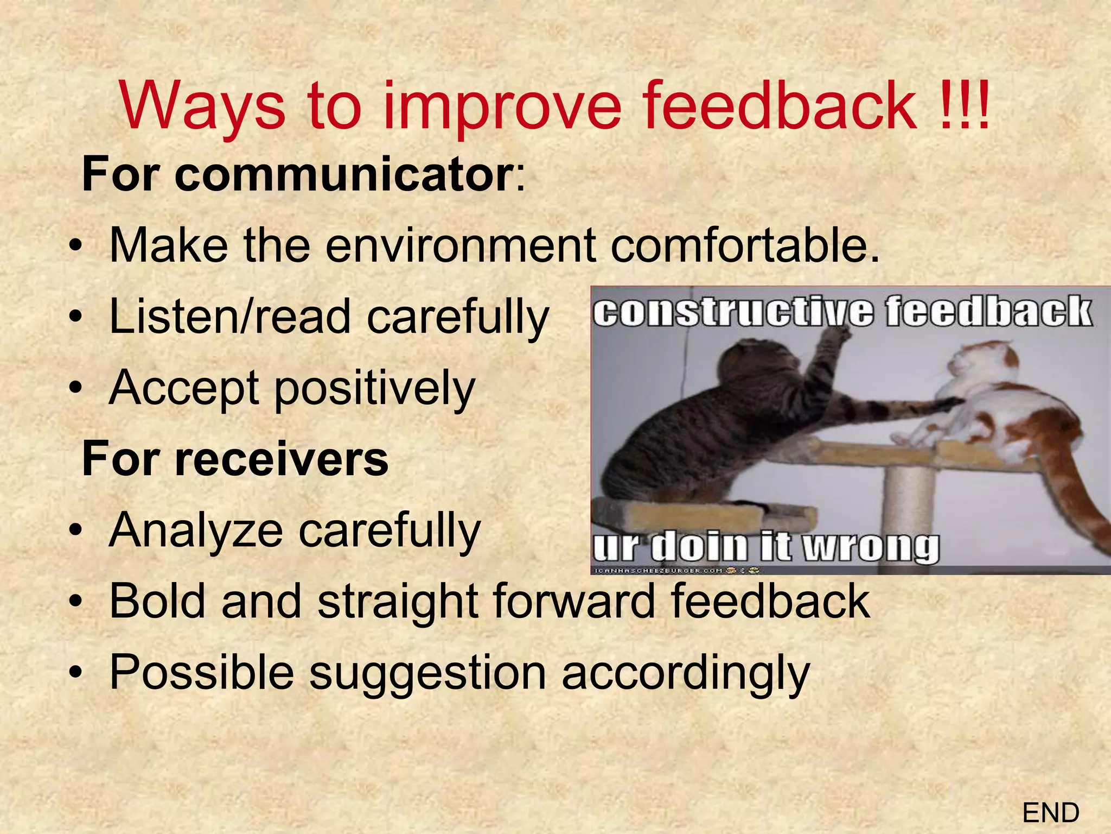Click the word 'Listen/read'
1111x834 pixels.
[230, 317]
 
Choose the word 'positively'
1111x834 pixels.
[374, 389]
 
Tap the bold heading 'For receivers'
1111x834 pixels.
[235, 459]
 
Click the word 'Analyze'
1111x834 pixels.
[196, 530]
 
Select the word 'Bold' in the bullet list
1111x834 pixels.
[158, 601]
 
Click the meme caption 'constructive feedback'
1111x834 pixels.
[841, 312]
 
